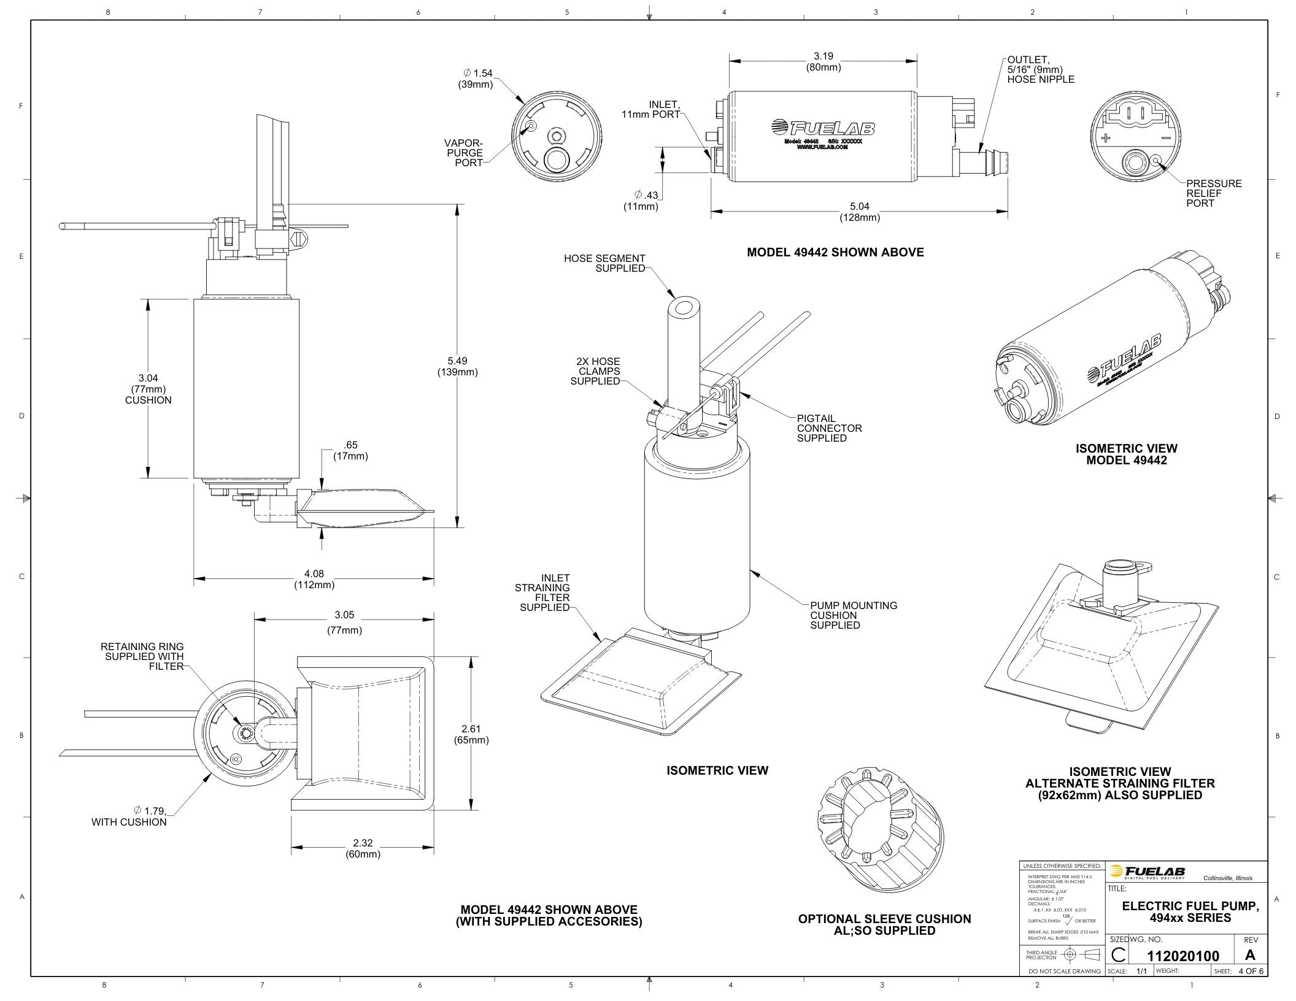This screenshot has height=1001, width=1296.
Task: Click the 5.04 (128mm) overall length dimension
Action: (859, 212)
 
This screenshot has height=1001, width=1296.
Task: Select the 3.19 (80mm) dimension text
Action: (823, 61)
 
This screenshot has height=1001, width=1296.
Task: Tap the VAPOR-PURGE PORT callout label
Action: (465, 153)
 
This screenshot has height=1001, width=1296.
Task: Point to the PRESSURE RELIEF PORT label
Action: (1213, 193)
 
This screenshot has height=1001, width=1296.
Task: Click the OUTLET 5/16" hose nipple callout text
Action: (1040, 69)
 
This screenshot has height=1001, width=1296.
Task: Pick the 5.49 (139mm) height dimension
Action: (457, 366)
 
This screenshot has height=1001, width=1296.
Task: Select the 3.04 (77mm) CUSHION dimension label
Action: (148, 389)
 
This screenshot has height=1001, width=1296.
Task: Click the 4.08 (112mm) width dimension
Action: (314, 579)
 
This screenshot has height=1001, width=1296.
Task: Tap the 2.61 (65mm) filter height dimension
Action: (471, 734)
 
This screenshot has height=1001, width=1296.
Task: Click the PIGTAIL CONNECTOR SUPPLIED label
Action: (829, 428)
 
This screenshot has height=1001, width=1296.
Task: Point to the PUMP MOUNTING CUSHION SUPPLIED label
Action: (853, 615)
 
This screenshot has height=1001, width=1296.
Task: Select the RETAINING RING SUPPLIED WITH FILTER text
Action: (142, 656)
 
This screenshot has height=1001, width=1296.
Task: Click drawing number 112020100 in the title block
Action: (1182, 956)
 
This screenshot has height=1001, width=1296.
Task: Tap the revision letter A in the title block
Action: (1250, 955)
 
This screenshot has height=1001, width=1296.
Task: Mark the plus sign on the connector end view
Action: (1105, 137)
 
